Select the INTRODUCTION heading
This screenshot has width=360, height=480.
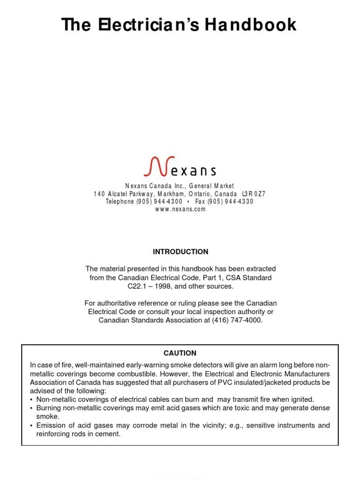coord(180,252)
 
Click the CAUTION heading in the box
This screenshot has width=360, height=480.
coord(180,353)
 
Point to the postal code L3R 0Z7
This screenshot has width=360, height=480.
coord(254,194)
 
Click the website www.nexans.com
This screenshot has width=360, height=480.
coord(180,209)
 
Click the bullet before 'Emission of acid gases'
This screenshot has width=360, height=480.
coord(31,426)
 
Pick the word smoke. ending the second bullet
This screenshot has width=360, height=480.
coord(48,416)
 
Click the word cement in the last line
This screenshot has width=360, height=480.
coord(109,434)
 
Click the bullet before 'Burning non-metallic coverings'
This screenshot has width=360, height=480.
coord(31,408)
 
